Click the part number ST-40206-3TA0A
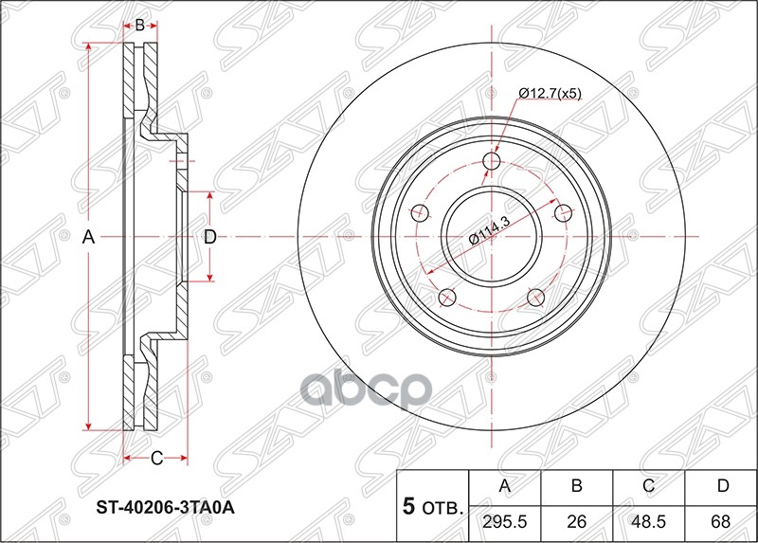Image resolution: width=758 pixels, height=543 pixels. pyautogui.click(x=166, y=507)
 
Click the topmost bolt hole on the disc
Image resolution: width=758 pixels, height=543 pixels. pyautogui.click(x=491, y=162)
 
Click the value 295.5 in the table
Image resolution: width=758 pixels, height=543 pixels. pyautogui.click(x=504, y=520)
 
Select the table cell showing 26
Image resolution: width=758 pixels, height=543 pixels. pyautogui.click(x=576, y=520)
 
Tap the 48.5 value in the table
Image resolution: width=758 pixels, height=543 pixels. pyautogui.click(x=649, y=520)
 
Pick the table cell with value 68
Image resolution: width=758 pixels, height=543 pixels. pyautogui.click(x=722, y=520)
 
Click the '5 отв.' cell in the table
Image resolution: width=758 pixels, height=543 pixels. pyautogui.click(x=432, y=505)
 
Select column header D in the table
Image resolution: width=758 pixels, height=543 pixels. pyautogui.click(x=722, y=487)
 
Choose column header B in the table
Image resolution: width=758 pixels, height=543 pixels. pyautogui.click(x=576, y=487)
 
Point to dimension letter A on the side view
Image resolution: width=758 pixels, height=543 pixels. pyautogui.click(x=88, y=237)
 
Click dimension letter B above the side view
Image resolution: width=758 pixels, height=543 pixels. pyautogui.click(x=139, y=26)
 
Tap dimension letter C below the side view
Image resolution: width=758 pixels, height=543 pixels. pyautogui.click(x=157, y=460)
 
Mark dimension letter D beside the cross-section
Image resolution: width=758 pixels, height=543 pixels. pyautogui.click(x=210, y=237)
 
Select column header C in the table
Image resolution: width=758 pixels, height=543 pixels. pyautogui.click(x=649, y=487)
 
